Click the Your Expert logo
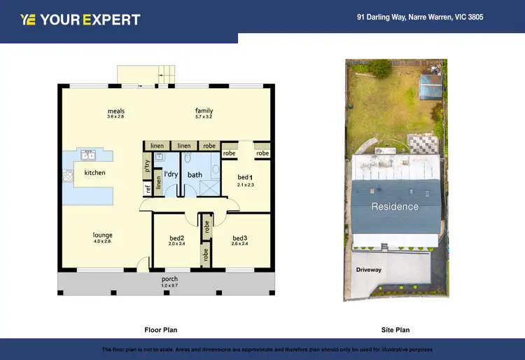coord(80,20)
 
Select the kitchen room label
coord(94,172)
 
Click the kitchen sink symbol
coord(88,154)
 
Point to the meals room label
coord(115,111)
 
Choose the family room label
coord(204,111)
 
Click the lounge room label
coord(103,235)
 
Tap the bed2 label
coord(176,238)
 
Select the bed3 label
coord(240,238)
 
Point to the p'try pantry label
coord(148,166)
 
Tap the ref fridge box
coord(148,188)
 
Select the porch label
coord(169,279)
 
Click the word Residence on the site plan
coord(395,207)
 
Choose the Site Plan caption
coord(395,329)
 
